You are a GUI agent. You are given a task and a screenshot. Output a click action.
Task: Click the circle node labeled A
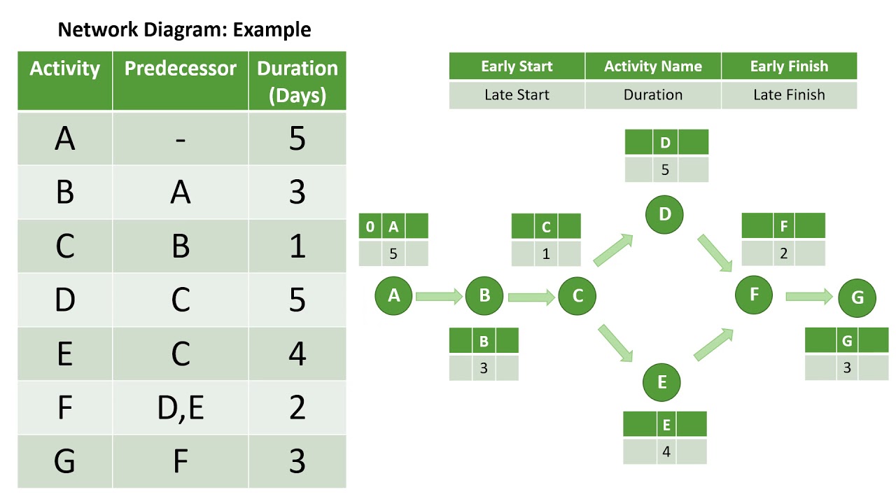tap(393, 295)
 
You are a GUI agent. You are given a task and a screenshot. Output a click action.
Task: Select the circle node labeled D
tap(665, 214)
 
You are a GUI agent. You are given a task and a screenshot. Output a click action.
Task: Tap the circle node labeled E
tap(661, 382)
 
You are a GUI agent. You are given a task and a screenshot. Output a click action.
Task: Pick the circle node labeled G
tap(857, 297)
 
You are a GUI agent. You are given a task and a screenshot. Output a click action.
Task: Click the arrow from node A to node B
tap(439, 296)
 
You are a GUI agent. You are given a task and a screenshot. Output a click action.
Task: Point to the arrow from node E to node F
tap(713, 344)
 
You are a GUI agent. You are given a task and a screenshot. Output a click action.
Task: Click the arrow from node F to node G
tap(809, 297)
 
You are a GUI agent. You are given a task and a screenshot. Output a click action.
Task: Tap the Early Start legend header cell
tap(517, 66)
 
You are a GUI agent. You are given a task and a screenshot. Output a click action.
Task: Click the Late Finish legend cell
tap(789, 95)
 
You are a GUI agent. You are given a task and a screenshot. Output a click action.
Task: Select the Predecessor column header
tap(181, 69)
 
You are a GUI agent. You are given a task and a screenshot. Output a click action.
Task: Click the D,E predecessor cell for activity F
tap(181, 407)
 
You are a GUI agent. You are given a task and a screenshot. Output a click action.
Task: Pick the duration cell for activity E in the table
tap(297, 353)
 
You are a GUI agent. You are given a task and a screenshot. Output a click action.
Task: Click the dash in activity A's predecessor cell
tap(181, 139)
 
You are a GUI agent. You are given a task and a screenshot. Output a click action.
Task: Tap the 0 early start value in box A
tap(370, 227)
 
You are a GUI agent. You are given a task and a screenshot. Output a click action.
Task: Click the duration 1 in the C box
tap(546, 254)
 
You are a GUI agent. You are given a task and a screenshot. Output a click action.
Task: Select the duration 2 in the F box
tap(783, 253)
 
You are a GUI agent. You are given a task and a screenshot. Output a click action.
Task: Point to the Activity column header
tap(65, 69)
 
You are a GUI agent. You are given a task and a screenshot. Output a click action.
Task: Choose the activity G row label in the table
tap(64, 461)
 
